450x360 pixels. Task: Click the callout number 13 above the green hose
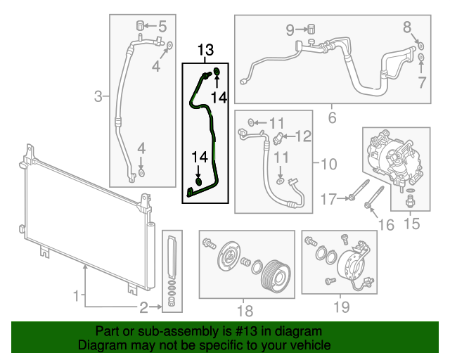(205, 51)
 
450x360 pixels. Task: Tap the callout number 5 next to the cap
(162, 27)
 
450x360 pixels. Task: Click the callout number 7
(420, 83)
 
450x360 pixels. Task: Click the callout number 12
(302, 135)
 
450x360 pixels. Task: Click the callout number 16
(386, 224)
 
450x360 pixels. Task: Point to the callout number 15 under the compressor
(411, 224)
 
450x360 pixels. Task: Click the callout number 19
(340, 307)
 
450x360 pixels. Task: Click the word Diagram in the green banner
(98, 346)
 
